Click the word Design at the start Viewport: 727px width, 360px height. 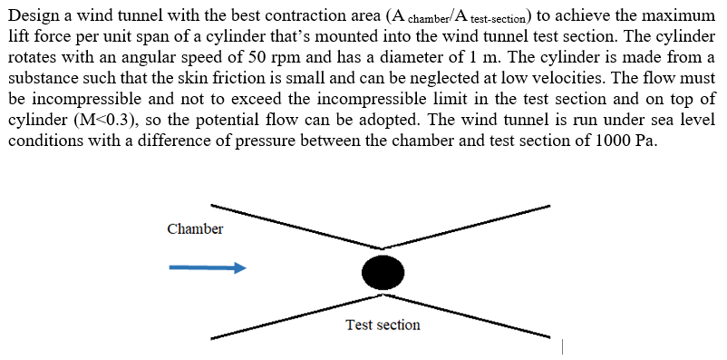point(34,15)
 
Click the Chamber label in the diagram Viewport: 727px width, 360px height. point(195,229)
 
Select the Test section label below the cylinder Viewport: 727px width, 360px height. point(383,325)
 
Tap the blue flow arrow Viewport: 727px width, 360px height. point(208,268)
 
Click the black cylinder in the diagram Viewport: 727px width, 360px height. point(383,271)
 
